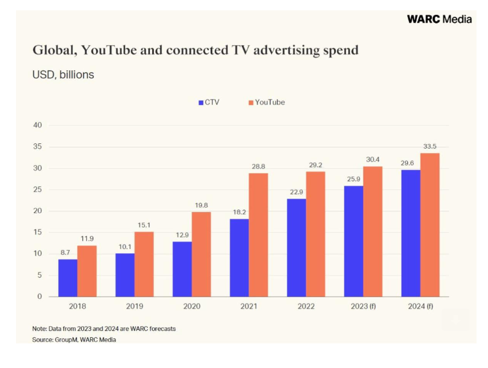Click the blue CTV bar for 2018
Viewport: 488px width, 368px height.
point(68,278)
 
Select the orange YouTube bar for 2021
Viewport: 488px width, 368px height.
point(258,235)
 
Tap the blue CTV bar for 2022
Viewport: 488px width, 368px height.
point(296,247)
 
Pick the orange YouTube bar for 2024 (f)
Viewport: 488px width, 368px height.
point(430,225)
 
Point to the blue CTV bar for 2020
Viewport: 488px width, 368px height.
point(182,269)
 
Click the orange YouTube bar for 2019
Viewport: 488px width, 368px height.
point(144,264)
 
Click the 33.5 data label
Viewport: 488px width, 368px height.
point(430,146)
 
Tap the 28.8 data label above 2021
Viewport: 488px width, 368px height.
point(258,166)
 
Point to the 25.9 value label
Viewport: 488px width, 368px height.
point(354,179)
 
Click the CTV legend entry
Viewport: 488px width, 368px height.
point(208,102)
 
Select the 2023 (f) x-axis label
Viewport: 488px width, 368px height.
point(363,306)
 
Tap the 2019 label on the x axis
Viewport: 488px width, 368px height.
point(134,306)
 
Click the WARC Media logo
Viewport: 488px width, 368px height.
point(439,19)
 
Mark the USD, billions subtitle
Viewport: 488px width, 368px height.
point(63,75)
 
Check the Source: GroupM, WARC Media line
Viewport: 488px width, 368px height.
point(74,340)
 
